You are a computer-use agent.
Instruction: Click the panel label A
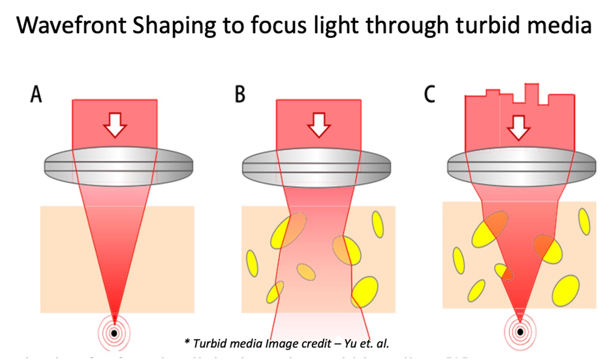(36, 95)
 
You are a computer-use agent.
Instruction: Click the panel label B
(240, 95)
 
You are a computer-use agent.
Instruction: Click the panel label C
(429, 95)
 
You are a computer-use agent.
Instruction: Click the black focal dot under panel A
(114, 333)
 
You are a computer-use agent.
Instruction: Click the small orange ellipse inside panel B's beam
(306, 272)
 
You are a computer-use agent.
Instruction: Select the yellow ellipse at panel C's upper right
(584, 221)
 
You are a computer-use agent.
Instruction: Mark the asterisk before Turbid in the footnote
(187, 342)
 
